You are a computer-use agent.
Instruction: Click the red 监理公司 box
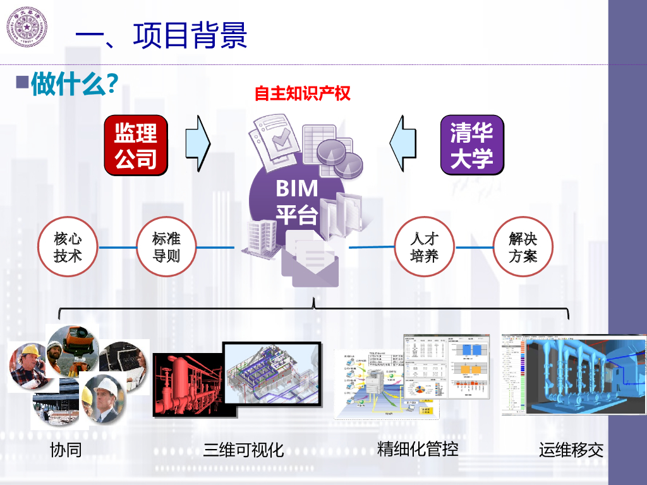136,145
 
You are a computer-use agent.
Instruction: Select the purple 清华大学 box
472,145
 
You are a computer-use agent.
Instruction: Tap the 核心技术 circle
68,247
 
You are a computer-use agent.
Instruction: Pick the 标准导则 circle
167,247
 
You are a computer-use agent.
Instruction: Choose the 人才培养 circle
424,247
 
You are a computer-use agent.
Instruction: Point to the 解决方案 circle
523,247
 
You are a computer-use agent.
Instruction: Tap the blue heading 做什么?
75,83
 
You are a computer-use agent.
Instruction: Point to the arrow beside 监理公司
198,143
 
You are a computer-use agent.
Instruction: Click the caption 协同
66,450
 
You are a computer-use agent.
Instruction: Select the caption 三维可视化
243,450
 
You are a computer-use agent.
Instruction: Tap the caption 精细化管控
418,449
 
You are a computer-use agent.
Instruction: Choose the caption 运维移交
571,450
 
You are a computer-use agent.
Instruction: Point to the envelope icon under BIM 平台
310,265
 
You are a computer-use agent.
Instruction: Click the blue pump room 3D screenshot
574,374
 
